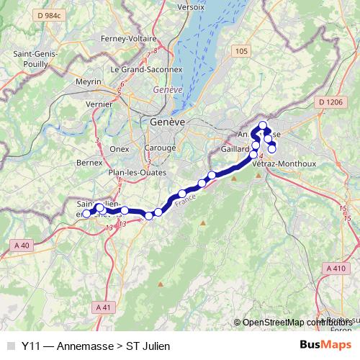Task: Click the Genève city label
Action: pyautogui.click(x=168, y=122)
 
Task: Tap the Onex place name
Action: pyautogui.click(x=119, y=149)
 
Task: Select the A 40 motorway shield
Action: pyautogui.click(x=22, y=246)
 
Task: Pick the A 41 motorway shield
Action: pyautogui.click(x=104, y=307)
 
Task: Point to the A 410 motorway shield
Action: pyautogui.click(x=336, y=269)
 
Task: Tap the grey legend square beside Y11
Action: pyautogui.click(x=10, y=346)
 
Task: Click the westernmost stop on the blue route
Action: pyautogui.click(x=86, y=214)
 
